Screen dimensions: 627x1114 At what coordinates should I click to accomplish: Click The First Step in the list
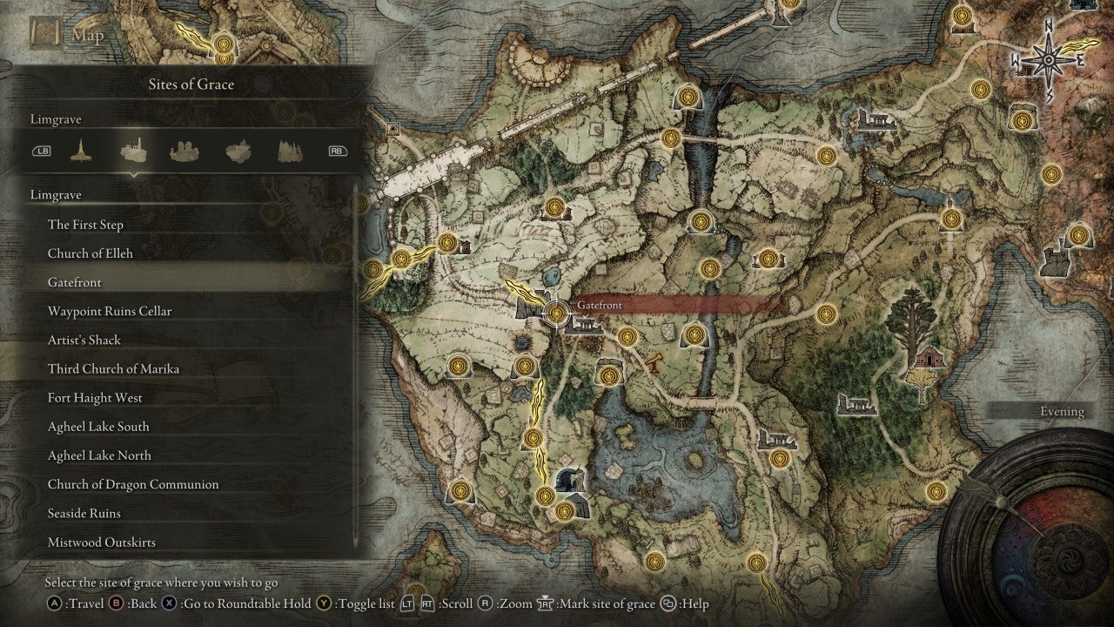pyautogui.click(x=85, y=225)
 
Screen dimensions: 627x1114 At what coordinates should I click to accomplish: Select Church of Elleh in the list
pyautogui.click(x=91, y=253)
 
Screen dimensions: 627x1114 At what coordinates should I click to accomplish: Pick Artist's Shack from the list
pyautogui.click(x=84, y=340)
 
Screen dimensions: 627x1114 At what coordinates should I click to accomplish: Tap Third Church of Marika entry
pyautogui.click(x=113, y=368)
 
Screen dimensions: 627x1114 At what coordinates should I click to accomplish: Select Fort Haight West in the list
pyautogui.click(x=95, y=398)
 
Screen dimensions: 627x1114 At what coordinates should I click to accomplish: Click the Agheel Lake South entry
pyautogui.click(x=98, y=427)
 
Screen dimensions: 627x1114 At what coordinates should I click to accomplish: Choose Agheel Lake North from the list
pyautogui.click(x=99, y=455)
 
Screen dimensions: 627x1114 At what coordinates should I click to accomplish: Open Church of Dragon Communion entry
pyautogui.click(x=133, y=484)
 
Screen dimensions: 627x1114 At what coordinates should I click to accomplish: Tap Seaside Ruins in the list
pyautogui.click(x=84, y=513)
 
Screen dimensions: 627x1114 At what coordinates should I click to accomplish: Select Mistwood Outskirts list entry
pyautogui.click(x=102, y=542)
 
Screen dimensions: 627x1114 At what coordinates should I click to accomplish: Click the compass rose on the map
pyautogui.click(x=1047, y=61)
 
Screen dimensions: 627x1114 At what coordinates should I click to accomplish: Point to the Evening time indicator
pyautogui.click(x=1062, y=412)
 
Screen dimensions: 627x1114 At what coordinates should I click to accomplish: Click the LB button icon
pyautogui.click(x=42, y=151)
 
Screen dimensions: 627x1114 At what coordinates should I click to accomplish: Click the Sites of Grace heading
pyautogui.click(x=189, y=84)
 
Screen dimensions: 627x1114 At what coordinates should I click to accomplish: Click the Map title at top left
pyautogui.click(x=88, y=36)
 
